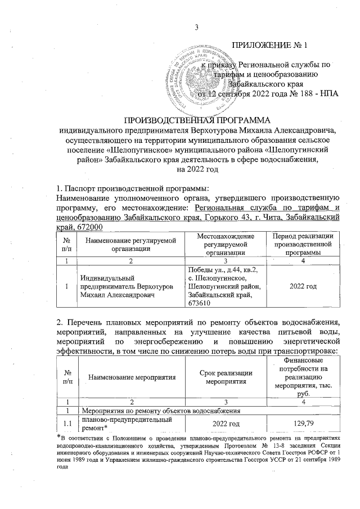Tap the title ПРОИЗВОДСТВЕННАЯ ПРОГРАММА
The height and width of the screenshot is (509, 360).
tap(197, 120)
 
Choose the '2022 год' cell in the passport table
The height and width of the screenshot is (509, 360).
tap(301, 286)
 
